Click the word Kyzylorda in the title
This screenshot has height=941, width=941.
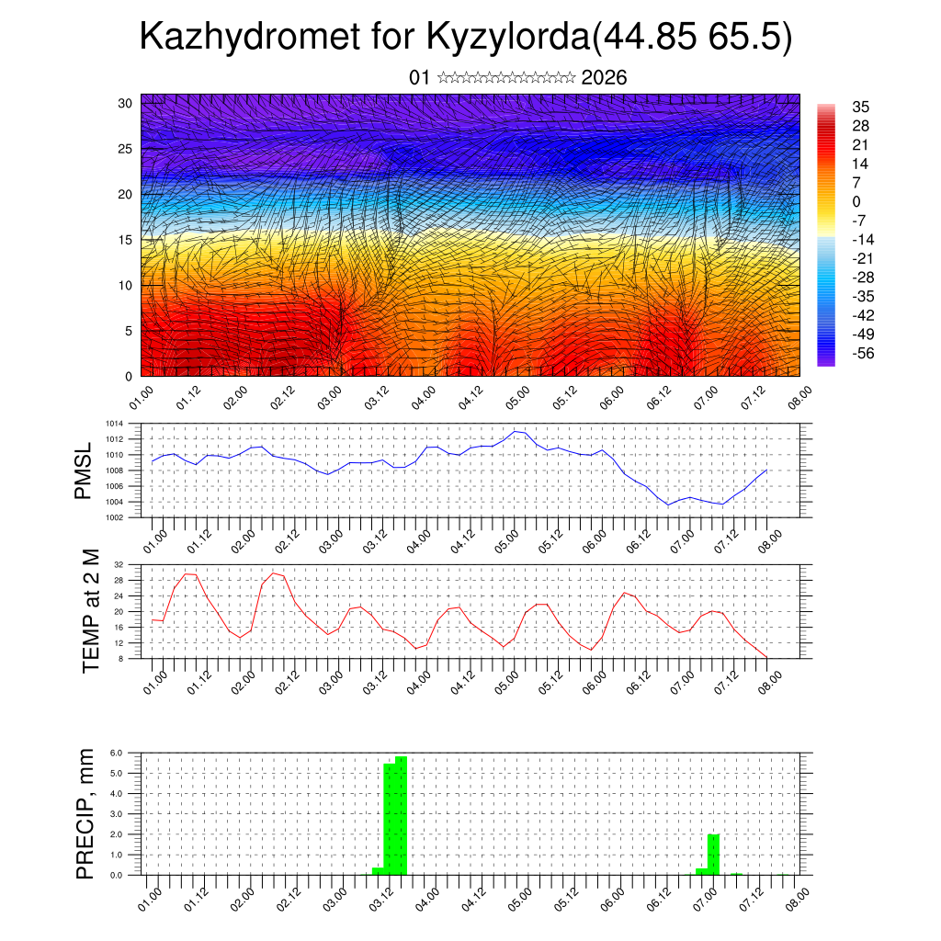506,38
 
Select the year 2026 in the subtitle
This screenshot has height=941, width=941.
604,78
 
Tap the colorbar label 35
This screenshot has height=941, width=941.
861,108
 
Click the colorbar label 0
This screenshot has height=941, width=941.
856,202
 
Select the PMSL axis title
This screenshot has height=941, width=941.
84,473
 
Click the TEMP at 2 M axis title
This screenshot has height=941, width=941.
91,611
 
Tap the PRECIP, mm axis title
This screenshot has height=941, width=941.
85,814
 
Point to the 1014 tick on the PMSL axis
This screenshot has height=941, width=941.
115,424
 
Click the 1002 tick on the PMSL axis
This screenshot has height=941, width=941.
115,517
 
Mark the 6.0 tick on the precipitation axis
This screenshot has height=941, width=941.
118,753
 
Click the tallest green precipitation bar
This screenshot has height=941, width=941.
402,815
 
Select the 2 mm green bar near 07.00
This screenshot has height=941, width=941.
713,855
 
